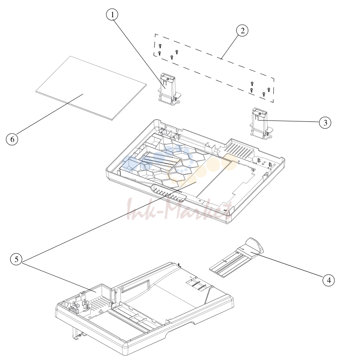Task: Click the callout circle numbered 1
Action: [112, 15]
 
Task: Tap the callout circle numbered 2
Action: [242, 31]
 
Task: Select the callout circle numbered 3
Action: [325, 122]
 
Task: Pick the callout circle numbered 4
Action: [328, 280]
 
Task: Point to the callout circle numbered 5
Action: [16, 259]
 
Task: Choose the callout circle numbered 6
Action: [12, 139]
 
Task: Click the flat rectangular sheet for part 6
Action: [91, 88]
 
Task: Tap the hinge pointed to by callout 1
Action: [169, 89]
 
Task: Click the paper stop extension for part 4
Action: [236, 257]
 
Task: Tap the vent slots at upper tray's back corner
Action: [240, 148]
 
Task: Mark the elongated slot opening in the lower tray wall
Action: [135, 286]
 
